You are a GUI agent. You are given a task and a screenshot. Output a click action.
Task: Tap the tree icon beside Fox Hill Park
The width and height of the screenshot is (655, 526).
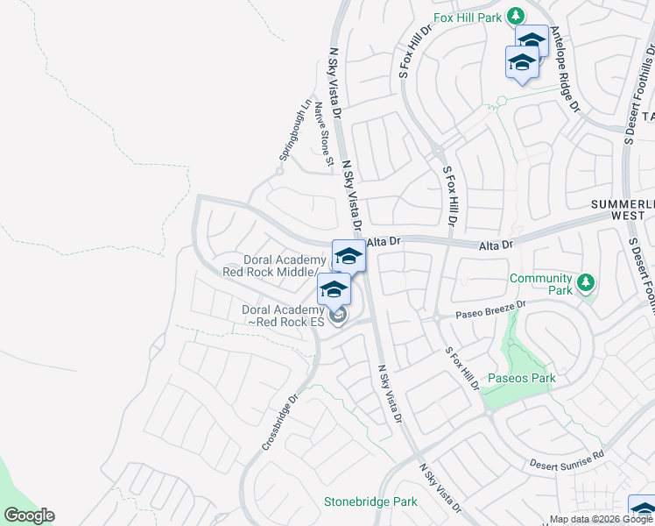[x=517, y=16]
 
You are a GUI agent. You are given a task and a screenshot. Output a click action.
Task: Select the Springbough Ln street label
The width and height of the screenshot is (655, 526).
[x=294, y=129]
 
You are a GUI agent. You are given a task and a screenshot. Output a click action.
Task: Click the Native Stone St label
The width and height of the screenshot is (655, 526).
[x=324, y=134]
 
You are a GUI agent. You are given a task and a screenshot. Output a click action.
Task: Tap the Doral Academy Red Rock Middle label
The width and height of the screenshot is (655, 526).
[x=274, y=266]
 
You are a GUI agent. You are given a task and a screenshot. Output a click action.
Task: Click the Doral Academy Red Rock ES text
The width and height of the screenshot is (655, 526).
[x=284, y=316]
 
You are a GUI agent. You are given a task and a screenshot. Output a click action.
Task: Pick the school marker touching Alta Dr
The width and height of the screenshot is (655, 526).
[x=349, y=256]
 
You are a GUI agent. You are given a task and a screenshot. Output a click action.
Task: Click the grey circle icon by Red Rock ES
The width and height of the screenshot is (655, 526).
[x=339, y=316]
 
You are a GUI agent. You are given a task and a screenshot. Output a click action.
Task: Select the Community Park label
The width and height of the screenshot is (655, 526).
[x=541, y=284]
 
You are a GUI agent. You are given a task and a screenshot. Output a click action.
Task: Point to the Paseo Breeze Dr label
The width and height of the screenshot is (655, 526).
[x=491, y=310]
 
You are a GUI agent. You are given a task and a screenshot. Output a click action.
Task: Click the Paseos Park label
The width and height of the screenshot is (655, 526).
[x=523, y=379]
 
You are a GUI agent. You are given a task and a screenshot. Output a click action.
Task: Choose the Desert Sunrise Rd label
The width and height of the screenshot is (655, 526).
[x=567, y=459]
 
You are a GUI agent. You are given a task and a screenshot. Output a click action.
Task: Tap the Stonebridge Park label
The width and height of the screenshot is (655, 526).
[x=370, y=502]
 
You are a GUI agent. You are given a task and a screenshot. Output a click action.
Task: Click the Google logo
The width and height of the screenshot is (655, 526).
[x=29, y=515]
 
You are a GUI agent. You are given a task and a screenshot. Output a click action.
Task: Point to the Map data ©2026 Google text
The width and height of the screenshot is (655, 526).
[x=601, y=519]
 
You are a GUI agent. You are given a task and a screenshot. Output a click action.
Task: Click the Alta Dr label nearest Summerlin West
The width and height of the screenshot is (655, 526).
[x=495, y=246]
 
